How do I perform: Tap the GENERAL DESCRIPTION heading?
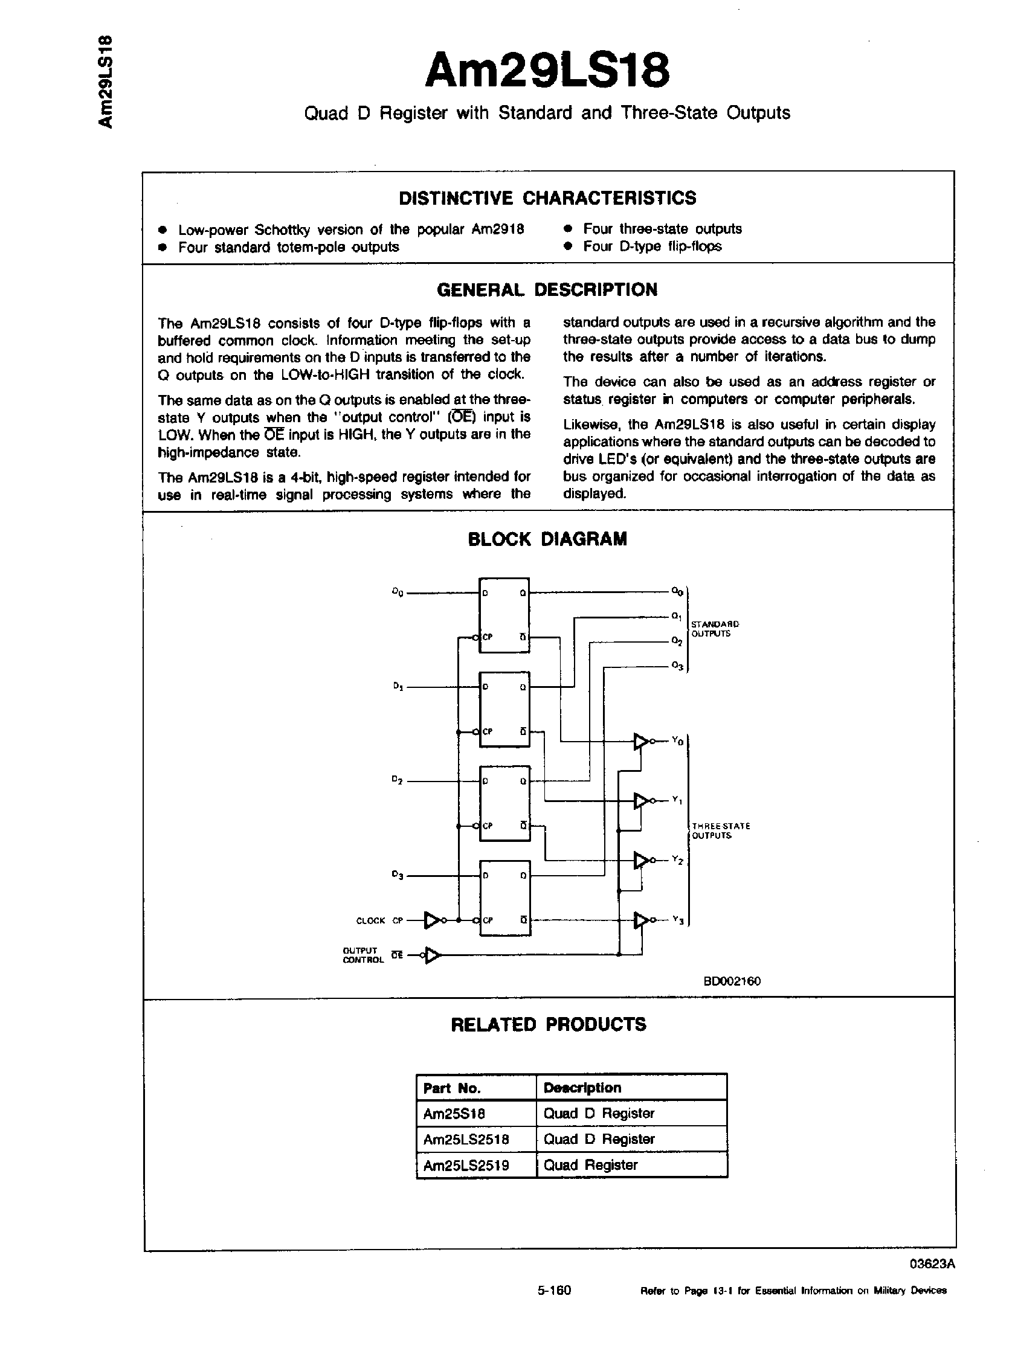click(547, 289)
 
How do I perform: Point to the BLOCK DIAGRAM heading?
click(547, 539)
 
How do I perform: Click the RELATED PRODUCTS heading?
click(548, 1024)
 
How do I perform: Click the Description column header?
click(582, 1088)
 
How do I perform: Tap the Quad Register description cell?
click(581, 1165)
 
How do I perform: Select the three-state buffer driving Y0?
click(640, 741)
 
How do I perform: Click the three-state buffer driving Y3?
click(640, 920)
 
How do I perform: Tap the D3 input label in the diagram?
click(398, 875)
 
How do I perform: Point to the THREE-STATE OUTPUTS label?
click(721, 830)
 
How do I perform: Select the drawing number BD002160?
click(732, 981)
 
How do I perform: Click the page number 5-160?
click(554, 1307)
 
